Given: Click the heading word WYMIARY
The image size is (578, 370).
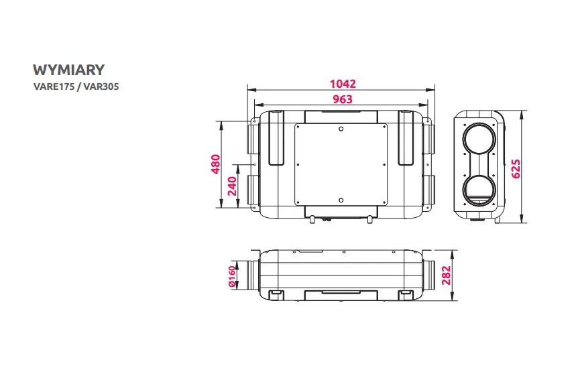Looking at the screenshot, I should pos(68,70).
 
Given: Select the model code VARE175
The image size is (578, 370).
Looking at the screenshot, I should pos(52,86).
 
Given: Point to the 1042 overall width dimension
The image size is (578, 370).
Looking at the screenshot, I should pos(343,84).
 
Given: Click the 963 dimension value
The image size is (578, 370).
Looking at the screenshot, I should pos(342,99).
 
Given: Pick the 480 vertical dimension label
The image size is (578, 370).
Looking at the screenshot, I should pos(216,165).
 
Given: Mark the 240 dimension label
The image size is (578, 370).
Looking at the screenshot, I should pos(232,185).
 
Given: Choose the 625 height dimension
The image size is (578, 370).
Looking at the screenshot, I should pos(516,168).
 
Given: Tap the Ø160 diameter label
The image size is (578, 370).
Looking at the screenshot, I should pos(232,276).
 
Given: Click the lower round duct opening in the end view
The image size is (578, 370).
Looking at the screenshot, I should pos(479,192).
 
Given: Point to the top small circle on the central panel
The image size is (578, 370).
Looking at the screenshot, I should pos(341,129).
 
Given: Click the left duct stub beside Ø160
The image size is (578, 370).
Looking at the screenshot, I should pos(249,276).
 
